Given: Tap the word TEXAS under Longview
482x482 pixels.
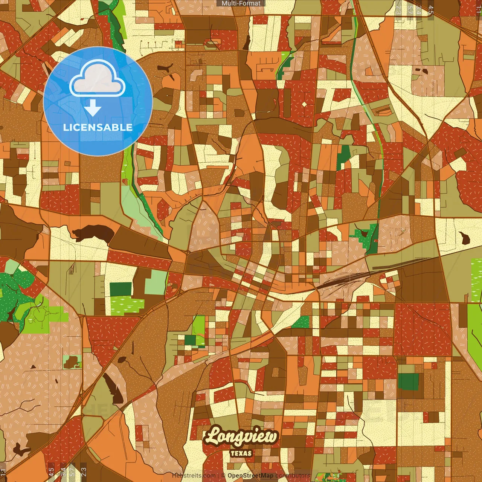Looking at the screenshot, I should (241, 453).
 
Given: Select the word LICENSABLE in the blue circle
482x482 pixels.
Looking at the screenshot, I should (98, 127).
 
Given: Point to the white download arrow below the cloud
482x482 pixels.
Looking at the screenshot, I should (93, 108).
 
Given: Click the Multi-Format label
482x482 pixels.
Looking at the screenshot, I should (241, 3).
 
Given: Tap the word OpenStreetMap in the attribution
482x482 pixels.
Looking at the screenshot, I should (250, 476).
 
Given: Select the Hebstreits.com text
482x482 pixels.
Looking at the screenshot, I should (194, 476).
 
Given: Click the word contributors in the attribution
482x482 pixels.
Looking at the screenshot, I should (293, 476).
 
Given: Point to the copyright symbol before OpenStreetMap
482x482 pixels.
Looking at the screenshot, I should (223, 476).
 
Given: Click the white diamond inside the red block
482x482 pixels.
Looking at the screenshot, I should (304, 104).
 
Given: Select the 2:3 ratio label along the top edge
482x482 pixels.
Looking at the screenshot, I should (398, 10).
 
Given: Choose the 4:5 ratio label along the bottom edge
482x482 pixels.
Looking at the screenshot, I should (51, 472).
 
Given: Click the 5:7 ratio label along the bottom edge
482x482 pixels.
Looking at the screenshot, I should (72, 472).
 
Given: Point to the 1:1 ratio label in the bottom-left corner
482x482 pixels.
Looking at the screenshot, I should (3, 472).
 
